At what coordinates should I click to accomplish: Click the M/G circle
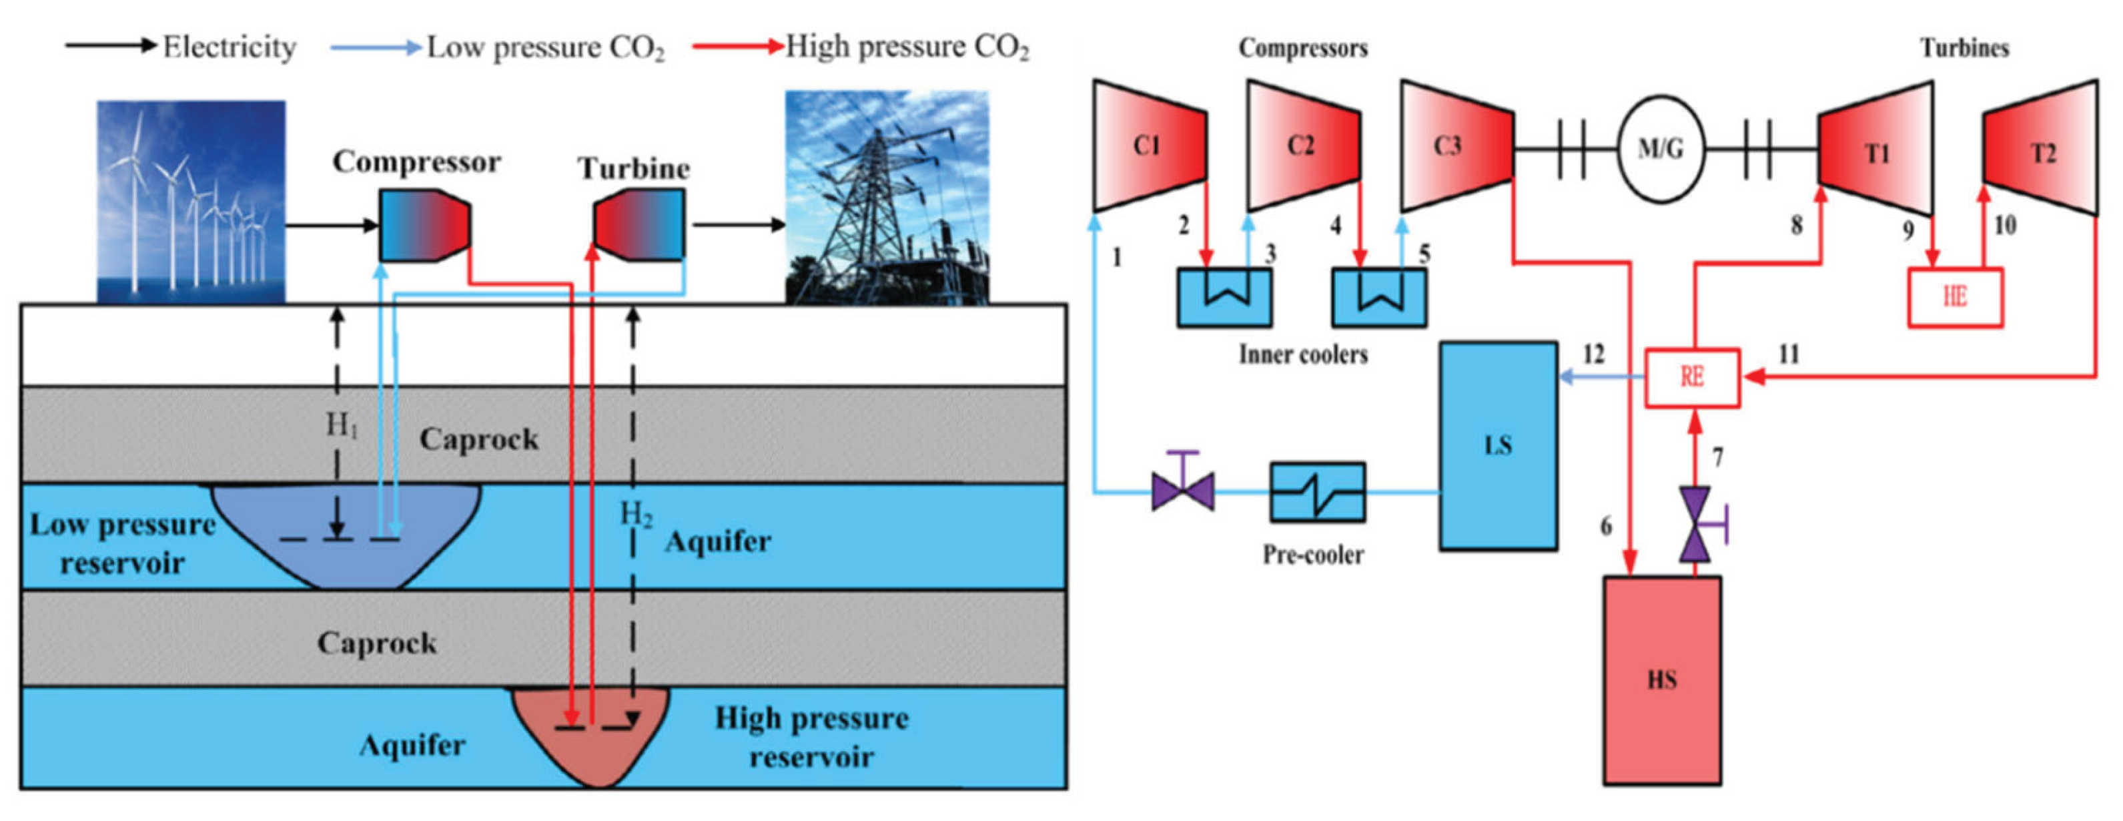(1661, 150)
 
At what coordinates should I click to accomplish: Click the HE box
(1955, 297)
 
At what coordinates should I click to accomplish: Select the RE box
(1693, 378)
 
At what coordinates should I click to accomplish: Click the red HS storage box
(1661, 680)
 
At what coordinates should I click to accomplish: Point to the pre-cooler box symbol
(1317, 492)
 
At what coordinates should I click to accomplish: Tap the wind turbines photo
(191, 202)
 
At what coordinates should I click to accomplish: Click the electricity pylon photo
(887, 198)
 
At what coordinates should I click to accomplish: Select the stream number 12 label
(1594, 354)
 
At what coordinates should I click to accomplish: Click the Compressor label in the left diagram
(416, 162)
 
